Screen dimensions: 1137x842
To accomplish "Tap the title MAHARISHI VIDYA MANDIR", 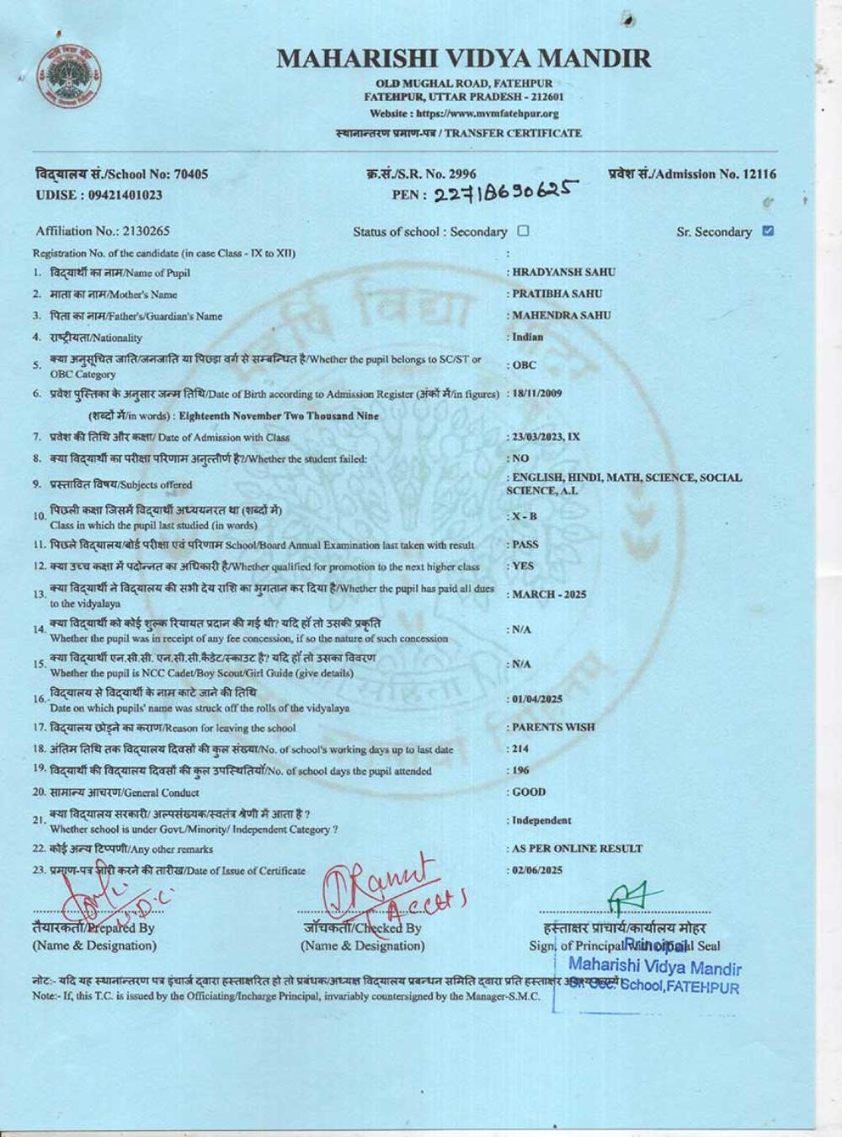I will coord(463,59).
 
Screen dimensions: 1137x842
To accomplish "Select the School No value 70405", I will coord(190,174).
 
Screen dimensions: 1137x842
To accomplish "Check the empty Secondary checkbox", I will coord(524,231).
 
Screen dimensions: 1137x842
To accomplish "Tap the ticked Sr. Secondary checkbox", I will coord(767,231).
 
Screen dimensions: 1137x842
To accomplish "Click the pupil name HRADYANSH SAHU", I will coord(564,272).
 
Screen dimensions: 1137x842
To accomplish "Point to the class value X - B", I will coord(524,515).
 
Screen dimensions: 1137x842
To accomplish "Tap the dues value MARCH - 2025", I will coord(549,595).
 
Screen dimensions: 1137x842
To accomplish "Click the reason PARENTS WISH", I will coord(553,727).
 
